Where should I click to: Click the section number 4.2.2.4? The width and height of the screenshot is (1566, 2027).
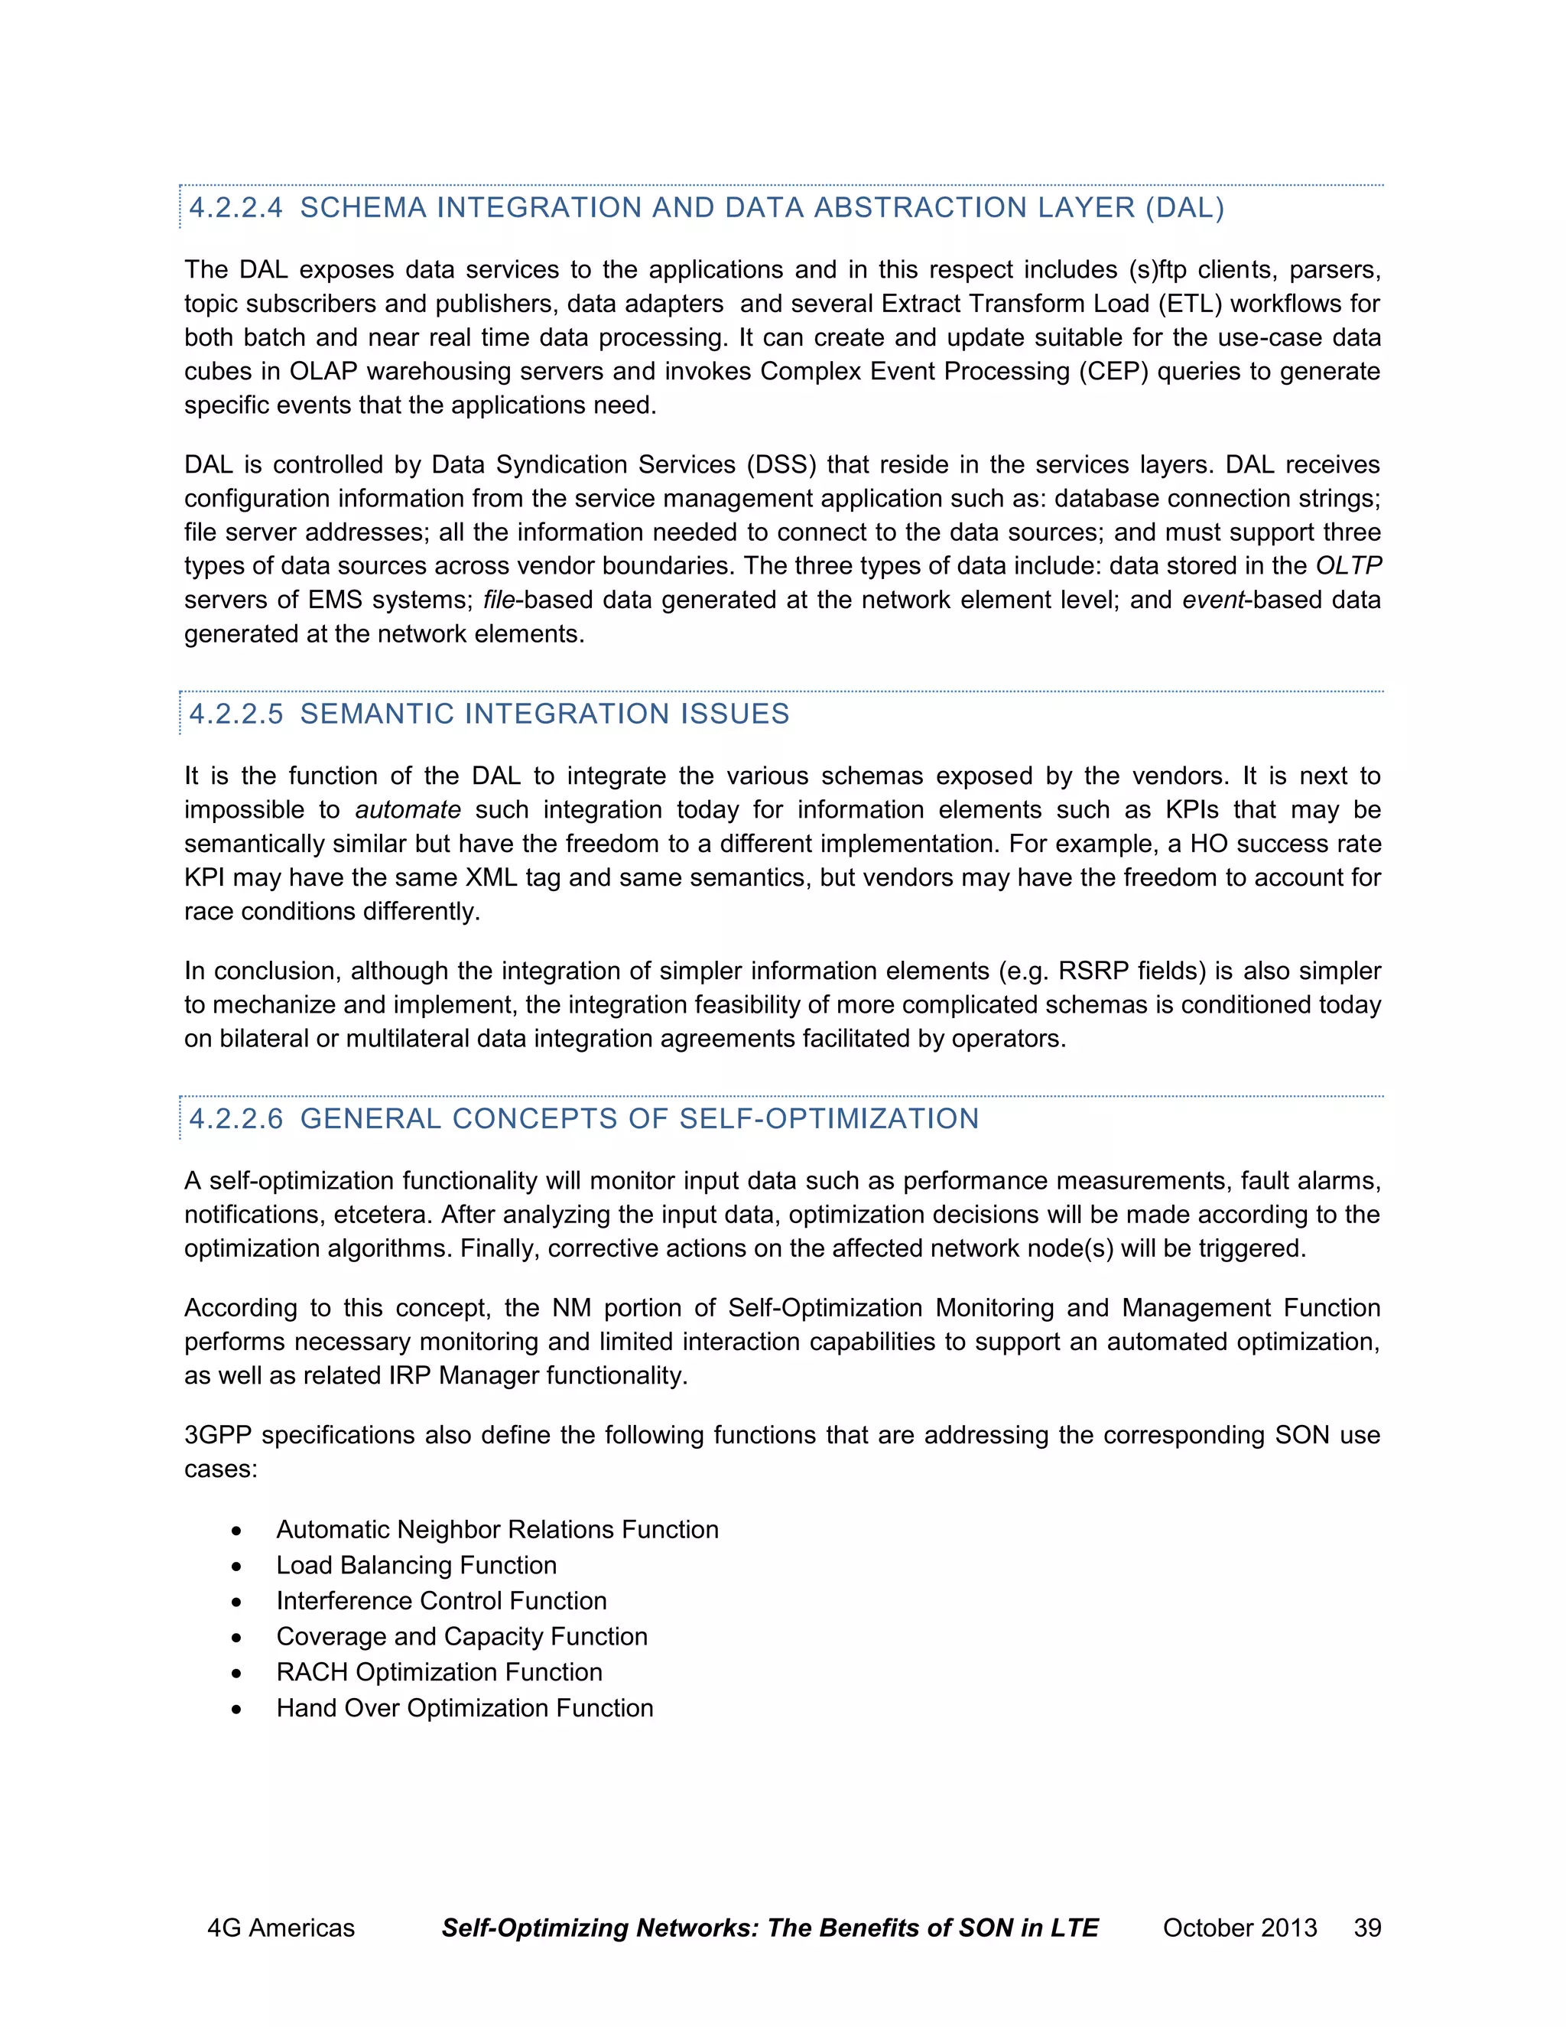(x=236, y=208)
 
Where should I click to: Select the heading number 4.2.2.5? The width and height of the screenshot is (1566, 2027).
(x=236, y=714)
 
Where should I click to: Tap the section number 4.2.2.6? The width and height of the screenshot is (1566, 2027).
(x=236, y=1118)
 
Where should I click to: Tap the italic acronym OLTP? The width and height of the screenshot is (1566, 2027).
(x=1348, y=566)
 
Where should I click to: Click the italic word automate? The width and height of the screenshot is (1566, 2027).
(x=408, y=810)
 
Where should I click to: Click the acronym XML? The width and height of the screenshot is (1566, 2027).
(x=493, y=878)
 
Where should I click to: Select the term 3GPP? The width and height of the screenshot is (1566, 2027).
(x=218, y=1435)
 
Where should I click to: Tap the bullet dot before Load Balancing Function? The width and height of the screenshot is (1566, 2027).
(x=238, y=1567)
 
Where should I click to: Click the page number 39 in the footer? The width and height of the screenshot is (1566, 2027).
(x=1367, y=1928)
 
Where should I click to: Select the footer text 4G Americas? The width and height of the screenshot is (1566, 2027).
(x=280, y=1928)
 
